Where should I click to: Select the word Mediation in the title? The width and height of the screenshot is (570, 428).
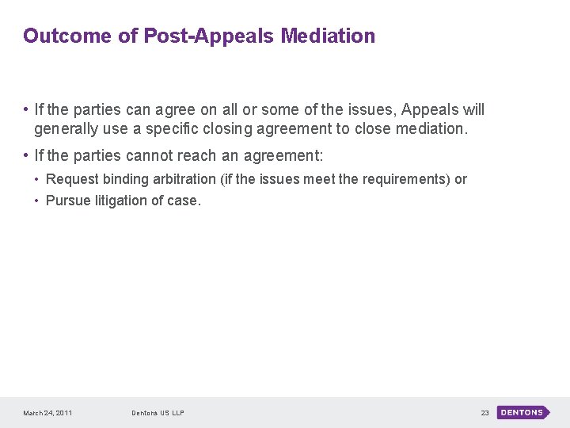coord(328,36)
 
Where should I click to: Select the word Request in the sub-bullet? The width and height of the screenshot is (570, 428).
coord(72,179)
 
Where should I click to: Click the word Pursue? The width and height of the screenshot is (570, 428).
coord(68,201)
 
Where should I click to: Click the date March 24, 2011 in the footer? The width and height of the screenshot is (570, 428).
coord(47,413)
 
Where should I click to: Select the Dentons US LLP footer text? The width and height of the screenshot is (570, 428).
coord(158,413)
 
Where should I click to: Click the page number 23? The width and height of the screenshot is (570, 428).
coord(484,413)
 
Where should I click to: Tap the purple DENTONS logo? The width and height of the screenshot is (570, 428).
coord(522,412)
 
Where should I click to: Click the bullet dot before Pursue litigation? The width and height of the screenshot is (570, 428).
coord(37,201)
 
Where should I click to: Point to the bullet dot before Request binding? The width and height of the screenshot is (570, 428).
coord(37,180)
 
